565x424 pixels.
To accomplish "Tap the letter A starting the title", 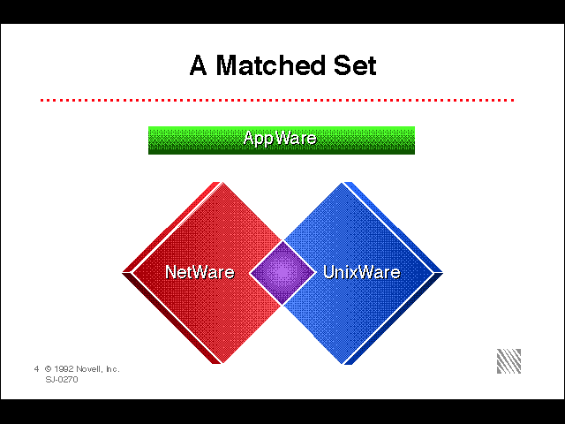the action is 198,65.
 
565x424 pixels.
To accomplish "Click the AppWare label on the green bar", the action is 280,139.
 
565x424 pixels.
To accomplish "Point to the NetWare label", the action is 200,272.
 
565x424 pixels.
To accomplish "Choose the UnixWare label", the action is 361,272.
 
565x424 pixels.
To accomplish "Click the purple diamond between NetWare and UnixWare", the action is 282,273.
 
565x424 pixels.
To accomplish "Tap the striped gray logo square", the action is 508,361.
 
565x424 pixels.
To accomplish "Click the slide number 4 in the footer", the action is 36,369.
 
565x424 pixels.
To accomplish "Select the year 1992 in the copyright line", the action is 64,369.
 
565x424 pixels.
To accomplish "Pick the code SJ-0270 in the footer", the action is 62,379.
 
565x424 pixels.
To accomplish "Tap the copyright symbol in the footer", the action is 49,369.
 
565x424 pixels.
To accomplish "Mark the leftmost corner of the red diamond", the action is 123,273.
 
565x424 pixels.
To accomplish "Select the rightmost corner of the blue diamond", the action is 443,273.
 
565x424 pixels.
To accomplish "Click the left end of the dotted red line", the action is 41,100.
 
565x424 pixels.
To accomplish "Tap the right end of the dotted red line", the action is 514,100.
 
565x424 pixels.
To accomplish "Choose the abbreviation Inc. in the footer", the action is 112,369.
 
